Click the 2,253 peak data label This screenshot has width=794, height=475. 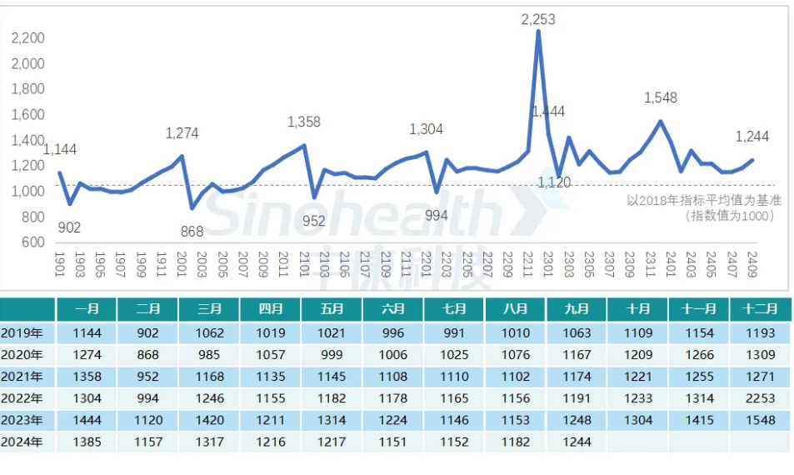[538, 19]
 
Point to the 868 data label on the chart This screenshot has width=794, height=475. [192, 232]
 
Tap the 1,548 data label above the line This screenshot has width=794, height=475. [661, 97]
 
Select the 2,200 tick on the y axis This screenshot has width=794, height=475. [28, 37]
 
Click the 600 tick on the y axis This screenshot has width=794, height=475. [32, 242]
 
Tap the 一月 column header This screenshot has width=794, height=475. [87, 309]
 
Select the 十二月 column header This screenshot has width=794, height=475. [760, 309]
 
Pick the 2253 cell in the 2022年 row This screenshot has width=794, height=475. [760, 398]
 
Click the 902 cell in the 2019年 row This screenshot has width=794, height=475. [148, 333]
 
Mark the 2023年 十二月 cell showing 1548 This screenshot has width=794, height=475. [760, 420]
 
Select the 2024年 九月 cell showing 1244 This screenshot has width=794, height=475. [577, 442]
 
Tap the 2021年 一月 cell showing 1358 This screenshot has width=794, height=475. [87, 377]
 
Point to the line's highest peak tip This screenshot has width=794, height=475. [538, 32]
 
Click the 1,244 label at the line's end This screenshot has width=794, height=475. [752, 137]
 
